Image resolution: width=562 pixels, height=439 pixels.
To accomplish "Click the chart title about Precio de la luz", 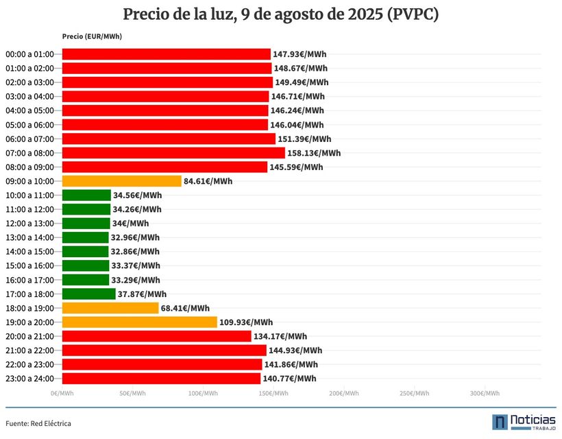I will [281, 14].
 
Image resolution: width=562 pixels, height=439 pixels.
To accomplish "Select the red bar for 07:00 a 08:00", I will [173, 153].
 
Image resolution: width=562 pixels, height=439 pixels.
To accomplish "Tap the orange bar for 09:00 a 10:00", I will [122, 181].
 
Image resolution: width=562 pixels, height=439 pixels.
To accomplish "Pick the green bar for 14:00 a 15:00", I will [86, 252].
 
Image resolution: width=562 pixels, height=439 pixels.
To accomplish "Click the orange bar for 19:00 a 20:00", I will [140, 322].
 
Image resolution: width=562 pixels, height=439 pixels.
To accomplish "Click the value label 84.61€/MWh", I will [208, 181].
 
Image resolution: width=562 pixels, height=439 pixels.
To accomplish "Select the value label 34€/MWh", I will [130, 224].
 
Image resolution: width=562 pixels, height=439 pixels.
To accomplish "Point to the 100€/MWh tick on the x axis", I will [203, 394].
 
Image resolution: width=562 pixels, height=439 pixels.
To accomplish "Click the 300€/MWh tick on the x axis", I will [485, 394].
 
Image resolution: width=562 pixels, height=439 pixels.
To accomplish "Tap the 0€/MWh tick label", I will [62, 394].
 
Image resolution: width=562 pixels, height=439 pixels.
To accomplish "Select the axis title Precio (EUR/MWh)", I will [92, 36].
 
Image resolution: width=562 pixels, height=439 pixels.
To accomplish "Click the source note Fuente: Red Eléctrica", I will [38, 423].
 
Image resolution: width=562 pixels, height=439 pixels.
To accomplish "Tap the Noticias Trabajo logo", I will [524, 422].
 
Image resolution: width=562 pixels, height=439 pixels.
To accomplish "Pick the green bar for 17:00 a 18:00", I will [89, 294].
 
